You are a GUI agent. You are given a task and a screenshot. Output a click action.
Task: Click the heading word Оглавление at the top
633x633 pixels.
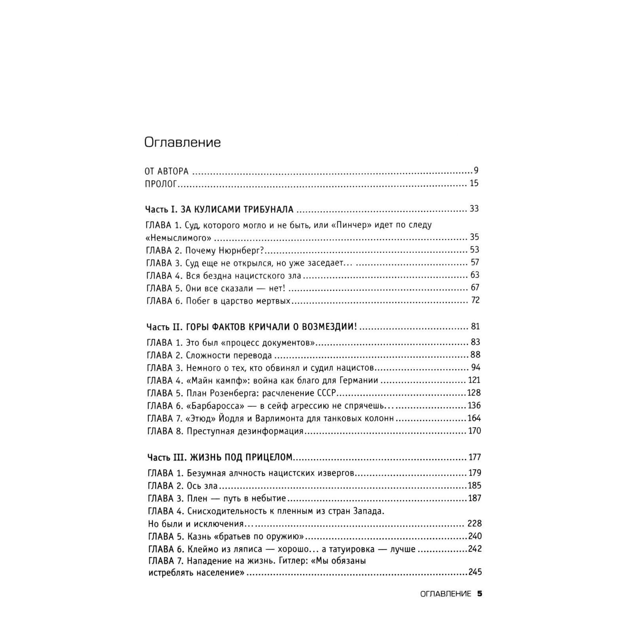(x=182, y=142)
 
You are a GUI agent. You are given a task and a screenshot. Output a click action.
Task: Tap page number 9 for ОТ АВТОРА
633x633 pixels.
(x=476, y=171)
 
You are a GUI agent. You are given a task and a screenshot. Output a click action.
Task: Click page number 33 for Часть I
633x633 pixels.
(x=474, y=209)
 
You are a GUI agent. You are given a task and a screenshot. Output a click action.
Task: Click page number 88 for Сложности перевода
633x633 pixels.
(x=475, y=355)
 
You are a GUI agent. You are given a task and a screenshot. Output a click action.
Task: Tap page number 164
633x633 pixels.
(x=474, y=418)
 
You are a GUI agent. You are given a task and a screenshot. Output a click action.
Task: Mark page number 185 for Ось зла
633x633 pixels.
(x=474, y=485)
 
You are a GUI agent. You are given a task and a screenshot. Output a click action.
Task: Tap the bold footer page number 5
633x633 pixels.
(x=479, y=594)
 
